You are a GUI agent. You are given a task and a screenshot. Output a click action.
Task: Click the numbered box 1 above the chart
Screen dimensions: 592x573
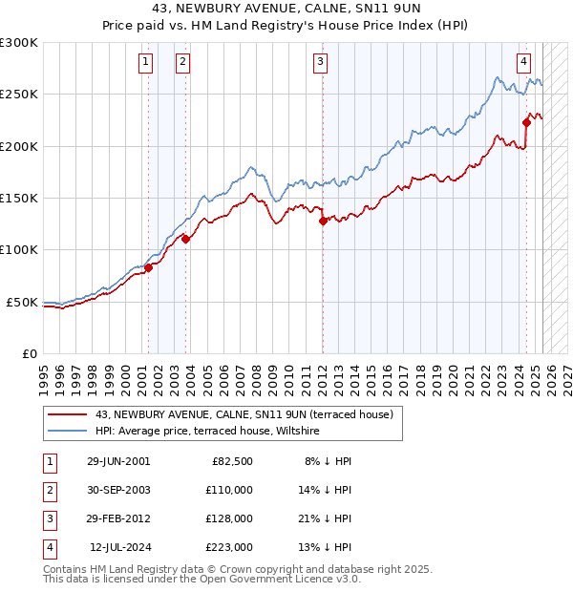click(x=145, y=63)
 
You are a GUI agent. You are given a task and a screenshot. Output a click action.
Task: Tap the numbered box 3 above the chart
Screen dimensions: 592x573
click(x=320, y=63)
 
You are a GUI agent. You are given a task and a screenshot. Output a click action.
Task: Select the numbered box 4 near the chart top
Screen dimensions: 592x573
click(x=524, y=63)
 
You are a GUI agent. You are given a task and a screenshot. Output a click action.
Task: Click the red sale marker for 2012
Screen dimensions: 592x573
click(x=323, y=221)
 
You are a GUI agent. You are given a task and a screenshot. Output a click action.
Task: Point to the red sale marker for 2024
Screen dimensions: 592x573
click(x=526, y=121)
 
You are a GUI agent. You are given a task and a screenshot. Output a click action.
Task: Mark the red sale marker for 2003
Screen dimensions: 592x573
click(x=185, y=240)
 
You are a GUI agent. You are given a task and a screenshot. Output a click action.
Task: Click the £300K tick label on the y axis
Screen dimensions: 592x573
click(x=19, y=43)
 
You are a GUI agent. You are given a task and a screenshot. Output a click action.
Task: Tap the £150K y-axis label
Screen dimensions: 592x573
click(x=19, y=198)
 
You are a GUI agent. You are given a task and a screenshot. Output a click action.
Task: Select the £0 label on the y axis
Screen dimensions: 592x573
click(x=31, y=353)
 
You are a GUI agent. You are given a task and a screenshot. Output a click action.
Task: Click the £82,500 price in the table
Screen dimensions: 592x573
click(x=231, y=461)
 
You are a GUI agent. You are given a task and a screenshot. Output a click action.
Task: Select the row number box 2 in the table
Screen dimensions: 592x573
click(x=49, y=490)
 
